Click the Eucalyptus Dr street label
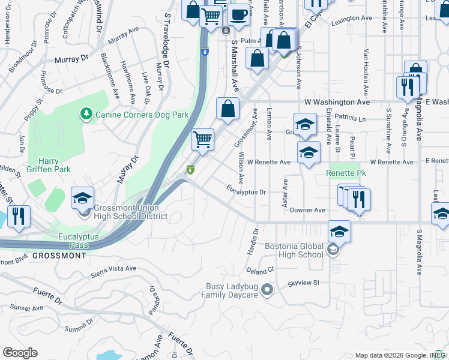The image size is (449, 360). click(x=246, y=192)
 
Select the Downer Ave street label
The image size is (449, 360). click(x=307, y=211)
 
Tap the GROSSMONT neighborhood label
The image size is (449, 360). click(x=59, y=256)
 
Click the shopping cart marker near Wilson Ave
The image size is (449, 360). click(x=203, y=139)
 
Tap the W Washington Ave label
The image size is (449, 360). click(x=337, y=103)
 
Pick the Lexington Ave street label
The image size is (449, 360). click(x=351, y=19)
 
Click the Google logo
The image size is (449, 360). click(x=20, y=353)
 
